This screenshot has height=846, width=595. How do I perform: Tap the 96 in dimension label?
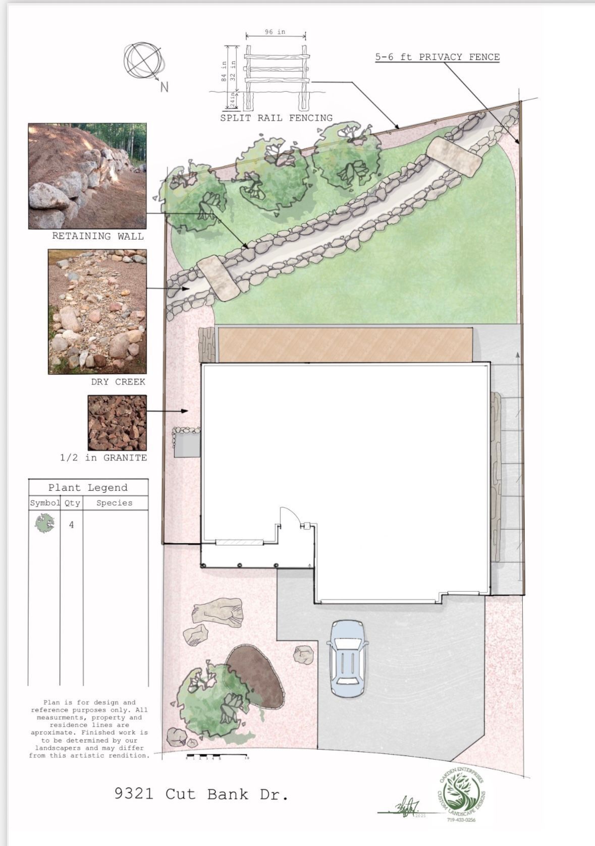(275, 32)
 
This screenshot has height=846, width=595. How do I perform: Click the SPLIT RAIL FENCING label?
(276, 118)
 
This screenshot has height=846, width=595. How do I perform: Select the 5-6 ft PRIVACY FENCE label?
(437, 57)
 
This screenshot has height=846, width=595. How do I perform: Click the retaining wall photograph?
(87, 176)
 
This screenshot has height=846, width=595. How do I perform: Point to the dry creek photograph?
(97, 311)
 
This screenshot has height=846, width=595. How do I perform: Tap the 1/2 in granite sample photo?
(117, 422)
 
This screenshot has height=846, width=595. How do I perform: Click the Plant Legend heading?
(88, 487)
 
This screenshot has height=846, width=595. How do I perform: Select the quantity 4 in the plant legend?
(71, 525)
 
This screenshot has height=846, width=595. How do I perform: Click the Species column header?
(115, 503)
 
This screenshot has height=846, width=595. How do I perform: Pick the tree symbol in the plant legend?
(45, 524)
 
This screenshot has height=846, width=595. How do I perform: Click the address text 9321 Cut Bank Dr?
(201, 794)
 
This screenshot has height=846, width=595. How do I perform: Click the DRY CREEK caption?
(118, 382)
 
